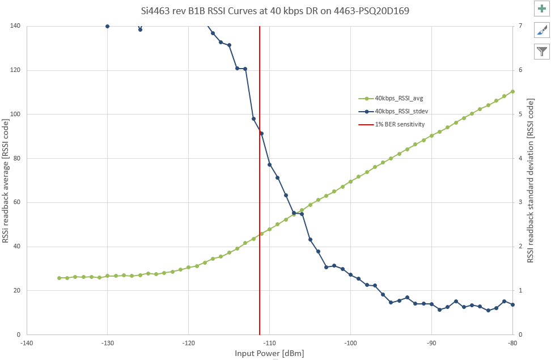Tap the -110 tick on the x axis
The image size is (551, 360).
pyautogui.click(x=270, y=343)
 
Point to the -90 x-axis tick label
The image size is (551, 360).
pyautogui.click(x=432, y=343)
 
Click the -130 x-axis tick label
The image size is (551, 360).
pyautogui.click(x=108, y=343)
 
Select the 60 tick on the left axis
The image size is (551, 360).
pyautogui.click(x=16, y=202)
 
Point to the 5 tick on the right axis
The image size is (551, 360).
pyautogui.click(x=520, y=115)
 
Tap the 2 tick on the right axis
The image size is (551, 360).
pyautogui.click(x=520, y=247)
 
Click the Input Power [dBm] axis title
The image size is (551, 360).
pyautogui.click(x=269, y=354)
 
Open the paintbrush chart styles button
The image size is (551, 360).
pyautogui.click(x=542, y=31)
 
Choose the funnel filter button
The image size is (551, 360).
pyautogui.click(x=542, y=52)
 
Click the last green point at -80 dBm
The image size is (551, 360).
pyautogui.click(x=512, y=91)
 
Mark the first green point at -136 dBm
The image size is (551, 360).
pyautogui.click(x=59, y=278)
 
